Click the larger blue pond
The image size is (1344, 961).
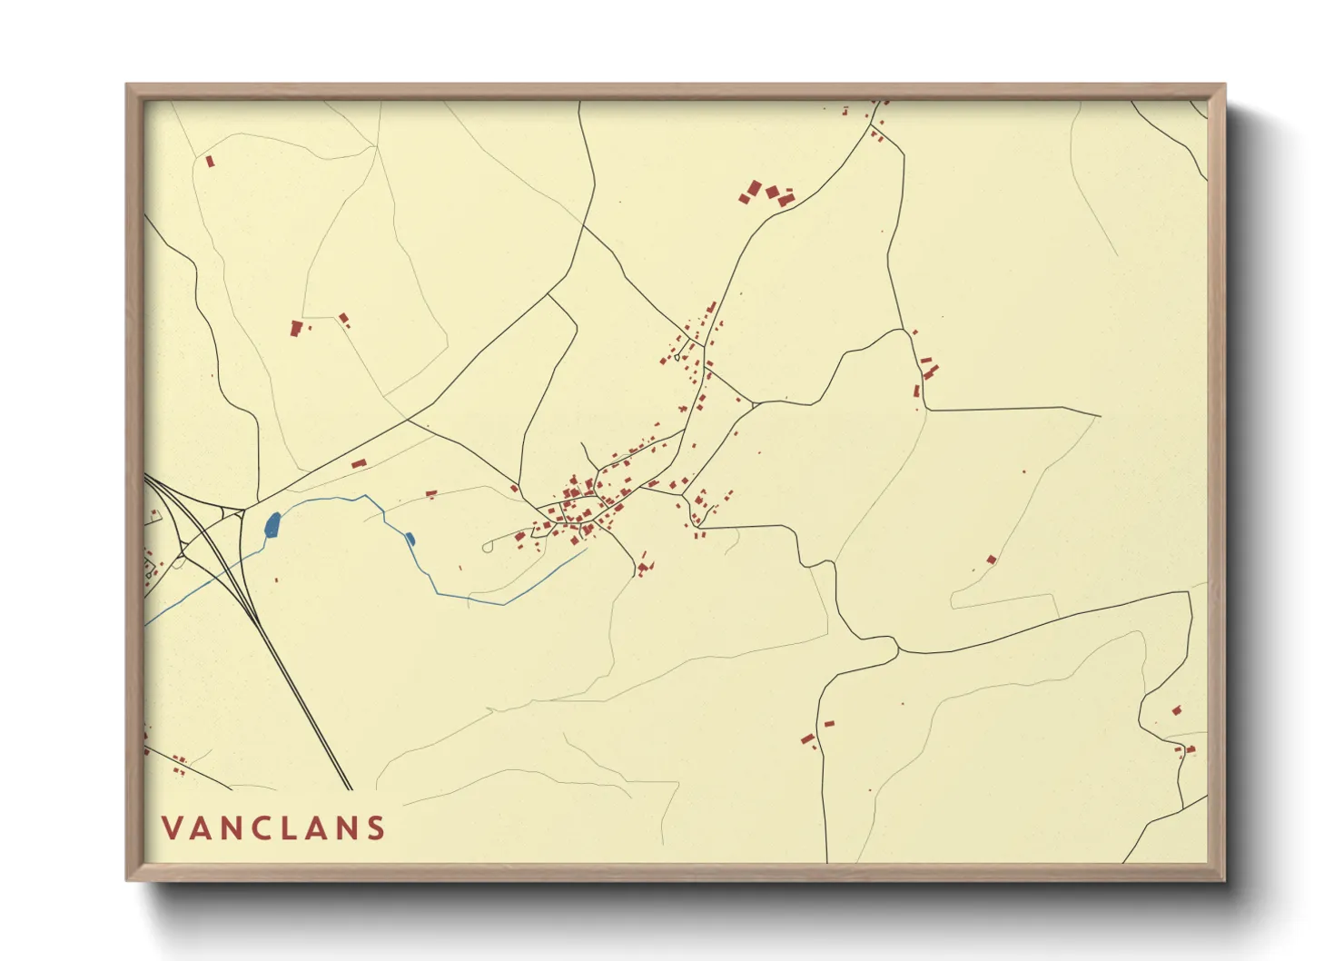[x=272, y=524]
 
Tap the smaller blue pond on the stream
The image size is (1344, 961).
[x=410, y=539]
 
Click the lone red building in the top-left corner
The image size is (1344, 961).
[x=210, y=162]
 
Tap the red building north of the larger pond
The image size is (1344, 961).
[x=358, y=464]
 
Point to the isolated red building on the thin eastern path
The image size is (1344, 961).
[x=991, y=560]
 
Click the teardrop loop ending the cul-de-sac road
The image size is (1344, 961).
[x=488, y=547]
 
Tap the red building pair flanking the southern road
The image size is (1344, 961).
[x=815, y=733]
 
